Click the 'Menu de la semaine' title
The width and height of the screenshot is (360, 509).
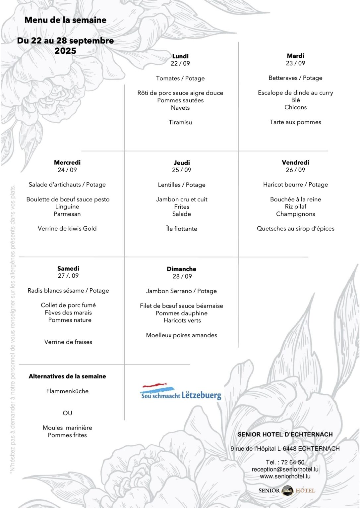[65, 20]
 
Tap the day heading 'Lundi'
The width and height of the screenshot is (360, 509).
[180, 56]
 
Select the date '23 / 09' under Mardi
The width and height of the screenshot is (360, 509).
[295, 63]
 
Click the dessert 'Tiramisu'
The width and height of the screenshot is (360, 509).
[180, 122]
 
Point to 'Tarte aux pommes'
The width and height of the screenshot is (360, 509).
[295, 122]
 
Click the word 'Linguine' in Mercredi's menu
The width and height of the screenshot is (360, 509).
[67, 206]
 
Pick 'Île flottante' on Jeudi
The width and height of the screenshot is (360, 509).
[182, 229]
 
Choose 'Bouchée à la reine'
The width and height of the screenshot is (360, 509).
[295, 199]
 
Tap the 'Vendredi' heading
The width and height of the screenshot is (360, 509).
[295, 162]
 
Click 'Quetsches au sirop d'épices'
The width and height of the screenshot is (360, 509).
[295, 228]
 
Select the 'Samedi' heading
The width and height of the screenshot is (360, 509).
[68, 268]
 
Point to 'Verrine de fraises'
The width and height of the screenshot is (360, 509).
[68, 342]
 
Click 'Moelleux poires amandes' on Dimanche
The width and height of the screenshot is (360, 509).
[182, 335]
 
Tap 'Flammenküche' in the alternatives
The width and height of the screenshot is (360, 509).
[67, 391]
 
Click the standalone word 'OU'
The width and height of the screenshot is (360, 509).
[67, 413]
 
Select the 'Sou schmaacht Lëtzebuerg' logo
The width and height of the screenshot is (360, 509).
[181, 392]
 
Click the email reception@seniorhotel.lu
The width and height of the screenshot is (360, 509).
[285, 469]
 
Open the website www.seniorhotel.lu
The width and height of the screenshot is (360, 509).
[285, 476]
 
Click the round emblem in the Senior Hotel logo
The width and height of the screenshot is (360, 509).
[287, 490]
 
